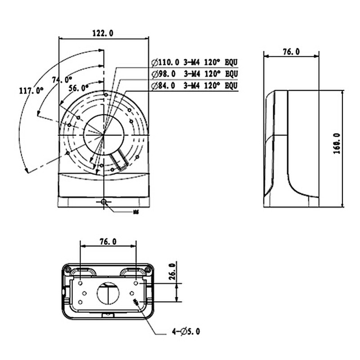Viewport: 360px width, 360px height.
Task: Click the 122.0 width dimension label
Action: [103, 33]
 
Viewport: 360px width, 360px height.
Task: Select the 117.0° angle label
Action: [31, 90]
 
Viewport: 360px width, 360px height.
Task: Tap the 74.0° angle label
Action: [62, 80]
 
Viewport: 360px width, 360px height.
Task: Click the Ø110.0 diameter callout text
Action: [165, 62]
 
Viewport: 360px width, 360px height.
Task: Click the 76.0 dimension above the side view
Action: [291, 52]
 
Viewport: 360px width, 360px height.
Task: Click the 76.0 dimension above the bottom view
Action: [108, 242]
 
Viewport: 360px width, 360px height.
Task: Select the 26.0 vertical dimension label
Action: [171, 271]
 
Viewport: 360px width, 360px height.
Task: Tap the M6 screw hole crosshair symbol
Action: [104, 202]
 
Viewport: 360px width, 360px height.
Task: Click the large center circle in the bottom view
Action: [108, 294]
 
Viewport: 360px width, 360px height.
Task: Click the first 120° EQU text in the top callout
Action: [221, 62]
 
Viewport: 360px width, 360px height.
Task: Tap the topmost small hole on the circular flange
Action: [105, 94]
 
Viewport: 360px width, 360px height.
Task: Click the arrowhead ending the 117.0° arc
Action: [27, 171]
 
